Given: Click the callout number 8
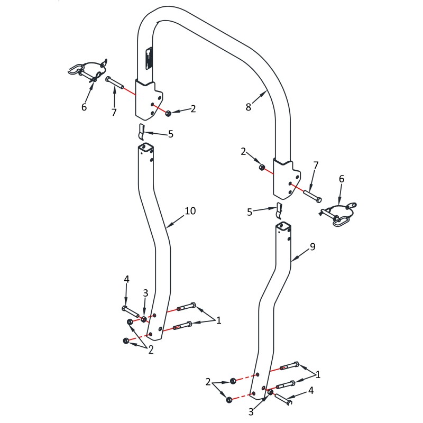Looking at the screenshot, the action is click(x=249, y=107).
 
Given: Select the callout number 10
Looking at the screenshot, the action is click(x=190, y=211).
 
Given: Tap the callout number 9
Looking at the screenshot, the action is click(x=312, y=246).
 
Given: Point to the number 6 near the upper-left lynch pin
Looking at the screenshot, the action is click(x=84, y=107).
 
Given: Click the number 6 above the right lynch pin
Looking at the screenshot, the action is click(x=342, y=179).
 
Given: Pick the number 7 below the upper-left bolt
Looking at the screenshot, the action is click(x=114, y=112).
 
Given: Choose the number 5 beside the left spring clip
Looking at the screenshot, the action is click(x=170, y=134).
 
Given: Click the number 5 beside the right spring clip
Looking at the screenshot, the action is click(x=250, y=213).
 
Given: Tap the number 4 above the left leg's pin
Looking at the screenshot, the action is click(x=126, y=279).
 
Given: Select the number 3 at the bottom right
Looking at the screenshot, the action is click(x=251, y=412).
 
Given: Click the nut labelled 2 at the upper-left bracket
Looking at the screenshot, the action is click(x=168, y=113).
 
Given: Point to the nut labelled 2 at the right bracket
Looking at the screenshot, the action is click(x=261, y=168).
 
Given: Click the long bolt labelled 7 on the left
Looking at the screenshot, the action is click(x=115, y=82).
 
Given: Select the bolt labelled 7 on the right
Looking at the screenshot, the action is click(x=312, y=196).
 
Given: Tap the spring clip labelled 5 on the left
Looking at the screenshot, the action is click(x=141, y=132).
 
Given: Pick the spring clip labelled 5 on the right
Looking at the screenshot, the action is click(x=279, y=210).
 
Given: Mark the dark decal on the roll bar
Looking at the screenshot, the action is click(x=149, y=59).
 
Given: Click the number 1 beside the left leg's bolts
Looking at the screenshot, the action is click(x=219, y=320).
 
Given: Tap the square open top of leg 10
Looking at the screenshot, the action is click(x=146, y=146).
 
